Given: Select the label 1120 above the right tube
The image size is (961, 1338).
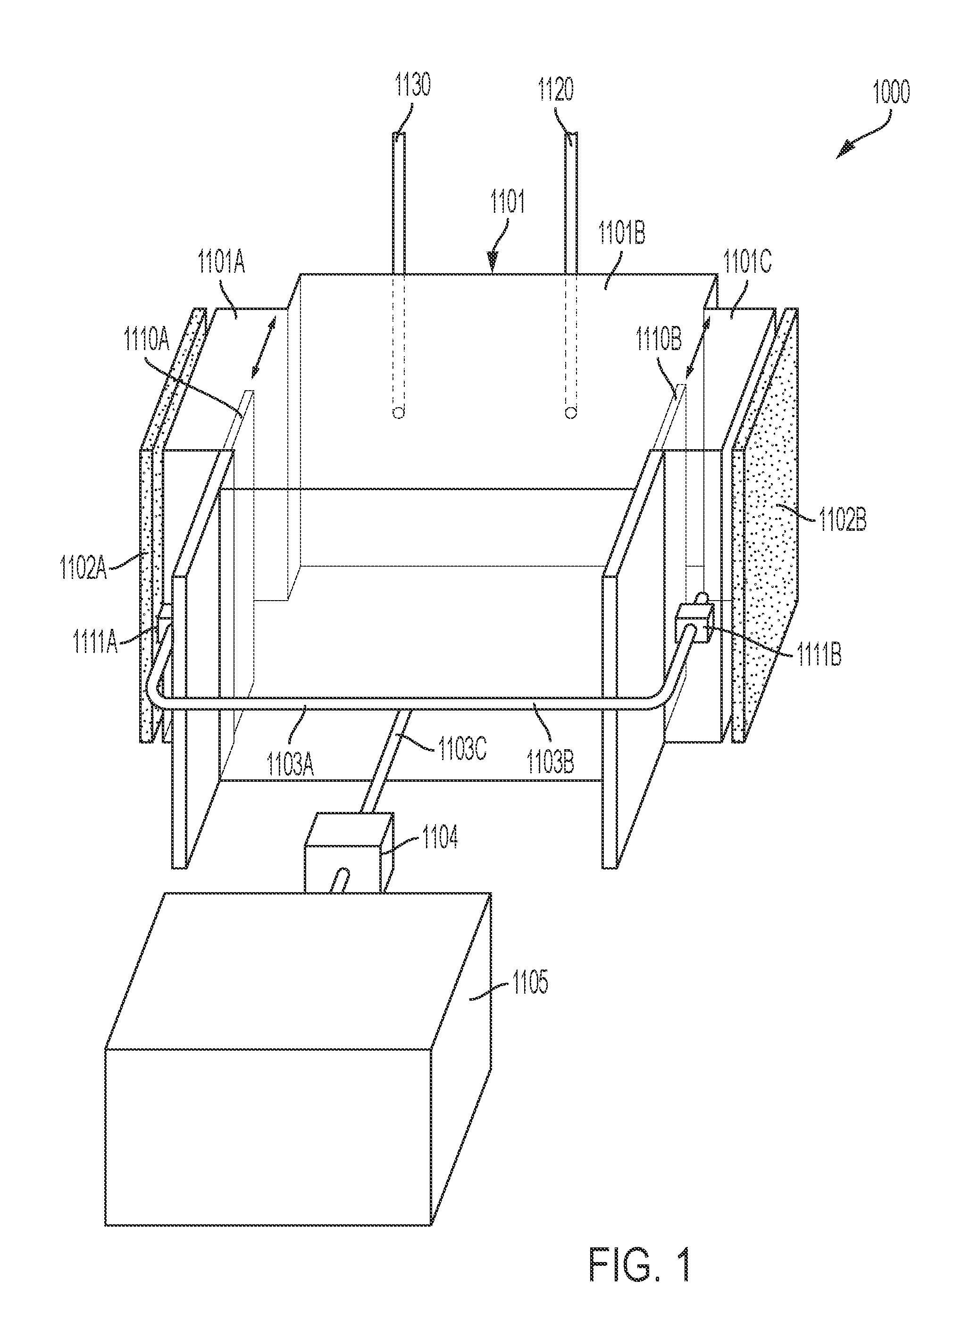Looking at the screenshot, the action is [555, 92].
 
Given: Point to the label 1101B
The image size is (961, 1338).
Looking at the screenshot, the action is [622, 234].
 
